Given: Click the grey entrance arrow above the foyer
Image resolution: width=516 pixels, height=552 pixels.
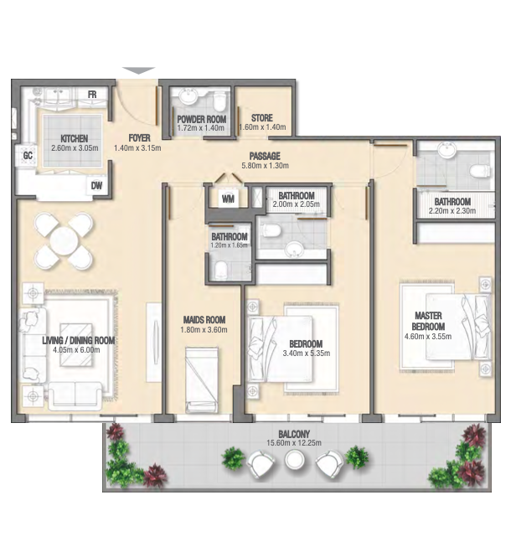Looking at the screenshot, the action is click(x=139, y=70).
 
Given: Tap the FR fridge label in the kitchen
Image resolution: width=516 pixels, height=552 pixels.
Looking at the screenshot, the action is click(x=92, y=95).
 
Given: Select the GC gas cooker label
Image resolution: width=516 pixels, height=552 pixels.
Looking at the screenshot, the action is click(x=28, y=155).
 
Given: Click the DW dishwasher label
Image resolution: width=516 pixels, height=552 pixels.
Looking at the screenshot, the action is click(x=96, y=185).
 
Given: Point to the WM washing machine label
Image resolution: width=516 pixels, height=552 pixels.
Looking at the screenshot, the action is click(x=228, y=199).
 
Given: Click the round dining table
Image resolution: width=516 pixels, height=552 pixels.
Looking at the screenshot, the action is click(x=64, y=241).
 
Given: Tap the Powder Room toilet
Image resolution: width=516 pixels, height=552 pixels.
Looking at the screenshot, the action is click(x=219, y=101).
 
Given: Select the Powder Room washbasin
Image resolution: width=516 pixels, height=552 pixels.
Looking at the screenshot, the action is click(x=188, y=96).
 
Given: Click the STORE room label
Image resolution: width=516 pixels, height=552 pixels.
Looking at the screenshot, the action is click(x=262, y=117).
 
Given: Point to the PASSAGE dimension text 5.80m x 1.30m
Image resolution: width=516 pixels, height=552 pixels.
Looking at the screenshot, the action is click(x=265, y=165).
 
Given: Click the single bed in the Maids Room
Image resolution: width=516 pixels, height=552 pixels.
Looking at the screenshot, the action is click(x=202, y=379).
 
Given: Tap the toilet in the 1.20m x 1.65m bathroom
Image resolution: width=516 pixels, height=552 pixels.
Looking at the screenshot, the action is click(x=221, y=270).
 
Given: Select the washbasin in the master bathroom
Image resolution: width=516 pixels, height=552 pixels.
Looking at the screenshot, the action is click(x=447, y=149).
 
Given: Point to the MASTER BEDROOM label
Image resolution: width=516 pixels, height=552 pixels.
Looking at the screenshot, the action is click(x=428, y=321).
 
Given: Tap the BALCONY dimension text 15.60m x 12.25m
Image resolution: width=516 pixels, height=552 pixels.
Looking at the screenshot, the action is click(x=294, y=442).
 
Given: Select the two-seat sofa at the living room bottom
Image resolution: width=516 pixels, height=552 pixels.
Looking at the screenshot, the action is click(x=75, y=395).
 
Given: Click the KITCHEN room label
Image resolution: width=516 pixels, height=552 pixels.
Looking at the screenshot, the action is click(x=75, y=138).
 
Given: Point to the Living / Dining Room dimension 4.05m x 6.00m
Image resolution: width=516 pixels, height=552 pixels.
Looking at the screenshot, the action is click(x=76, y=350).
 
